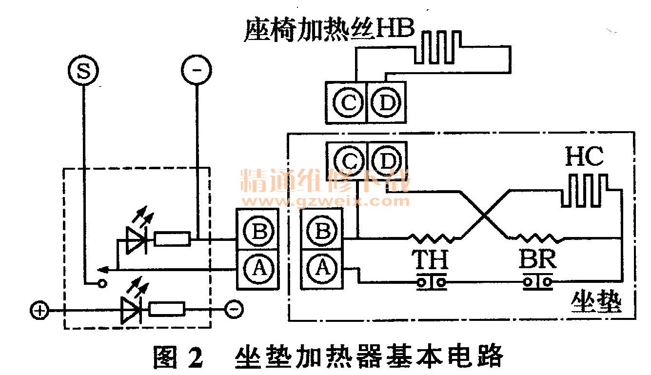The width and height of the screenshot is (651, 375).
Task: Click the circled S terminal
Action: pyautogui.click(x=83, y=72)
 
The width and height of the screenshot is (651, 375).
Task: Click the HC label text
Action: pyautogui.click(x=584, y=157)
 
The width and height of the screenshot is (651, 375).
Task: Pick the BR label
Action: pyautogui.click(x=537, y=260)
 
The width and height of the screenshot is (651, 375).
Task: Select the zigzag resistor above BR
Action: pyautogui.click(x=536, y=238)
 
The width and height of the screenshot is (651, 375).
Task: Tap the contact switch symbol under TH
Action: pyautogui.click(x=432, y=282)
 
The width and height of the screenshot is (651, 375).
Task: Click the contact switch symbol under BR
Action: pyautogui.click(x=538, y=282)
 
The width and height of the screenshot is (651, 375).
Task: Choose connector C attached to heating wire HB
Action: pyautogui.click(x=348, y=103)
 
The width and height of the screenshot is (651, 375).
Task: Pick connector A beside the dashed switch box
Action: pyautogui.click(x=258, y=268)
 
